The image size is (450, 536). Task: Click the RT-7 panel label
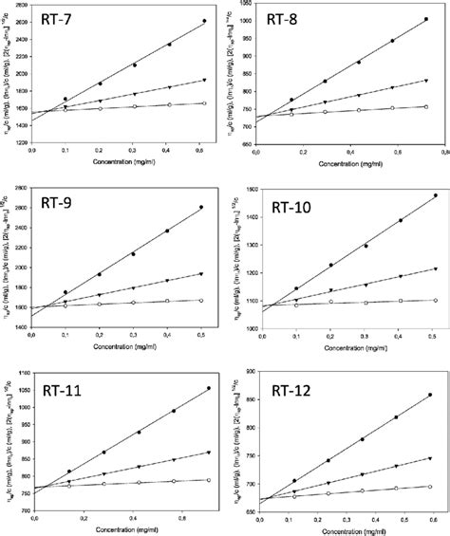point(66,21)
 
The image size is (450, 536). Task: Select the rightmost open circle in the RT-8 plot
point(424,107)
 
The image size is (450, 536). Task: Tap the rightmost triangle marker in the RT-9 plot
point(201,274)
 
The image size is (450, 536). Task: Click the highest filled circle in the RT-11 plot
point(208,388)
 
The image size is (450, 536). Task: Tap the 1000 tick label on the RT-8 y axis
point(243,20)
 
